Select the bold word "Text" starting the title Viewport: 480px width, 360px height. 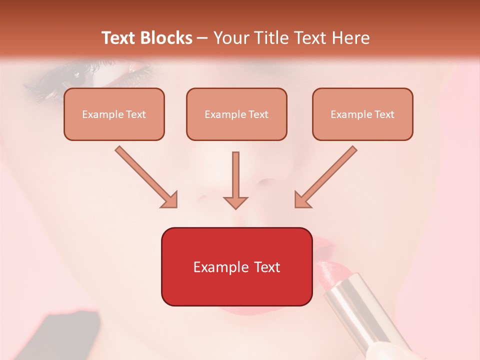(119, 38)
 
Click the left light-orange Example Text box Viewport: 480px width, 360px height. (114, 114)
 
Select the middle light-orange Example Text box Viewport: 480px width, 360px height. (236, 114)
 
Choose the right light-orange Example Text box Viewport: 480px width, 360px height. (362, 114)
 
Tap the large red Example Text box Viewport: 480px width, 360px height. (236, 267)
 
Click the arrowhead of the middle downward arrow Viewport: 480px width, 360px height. (235, 202)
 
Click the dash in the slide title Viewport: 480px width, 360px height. (202, 38)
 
